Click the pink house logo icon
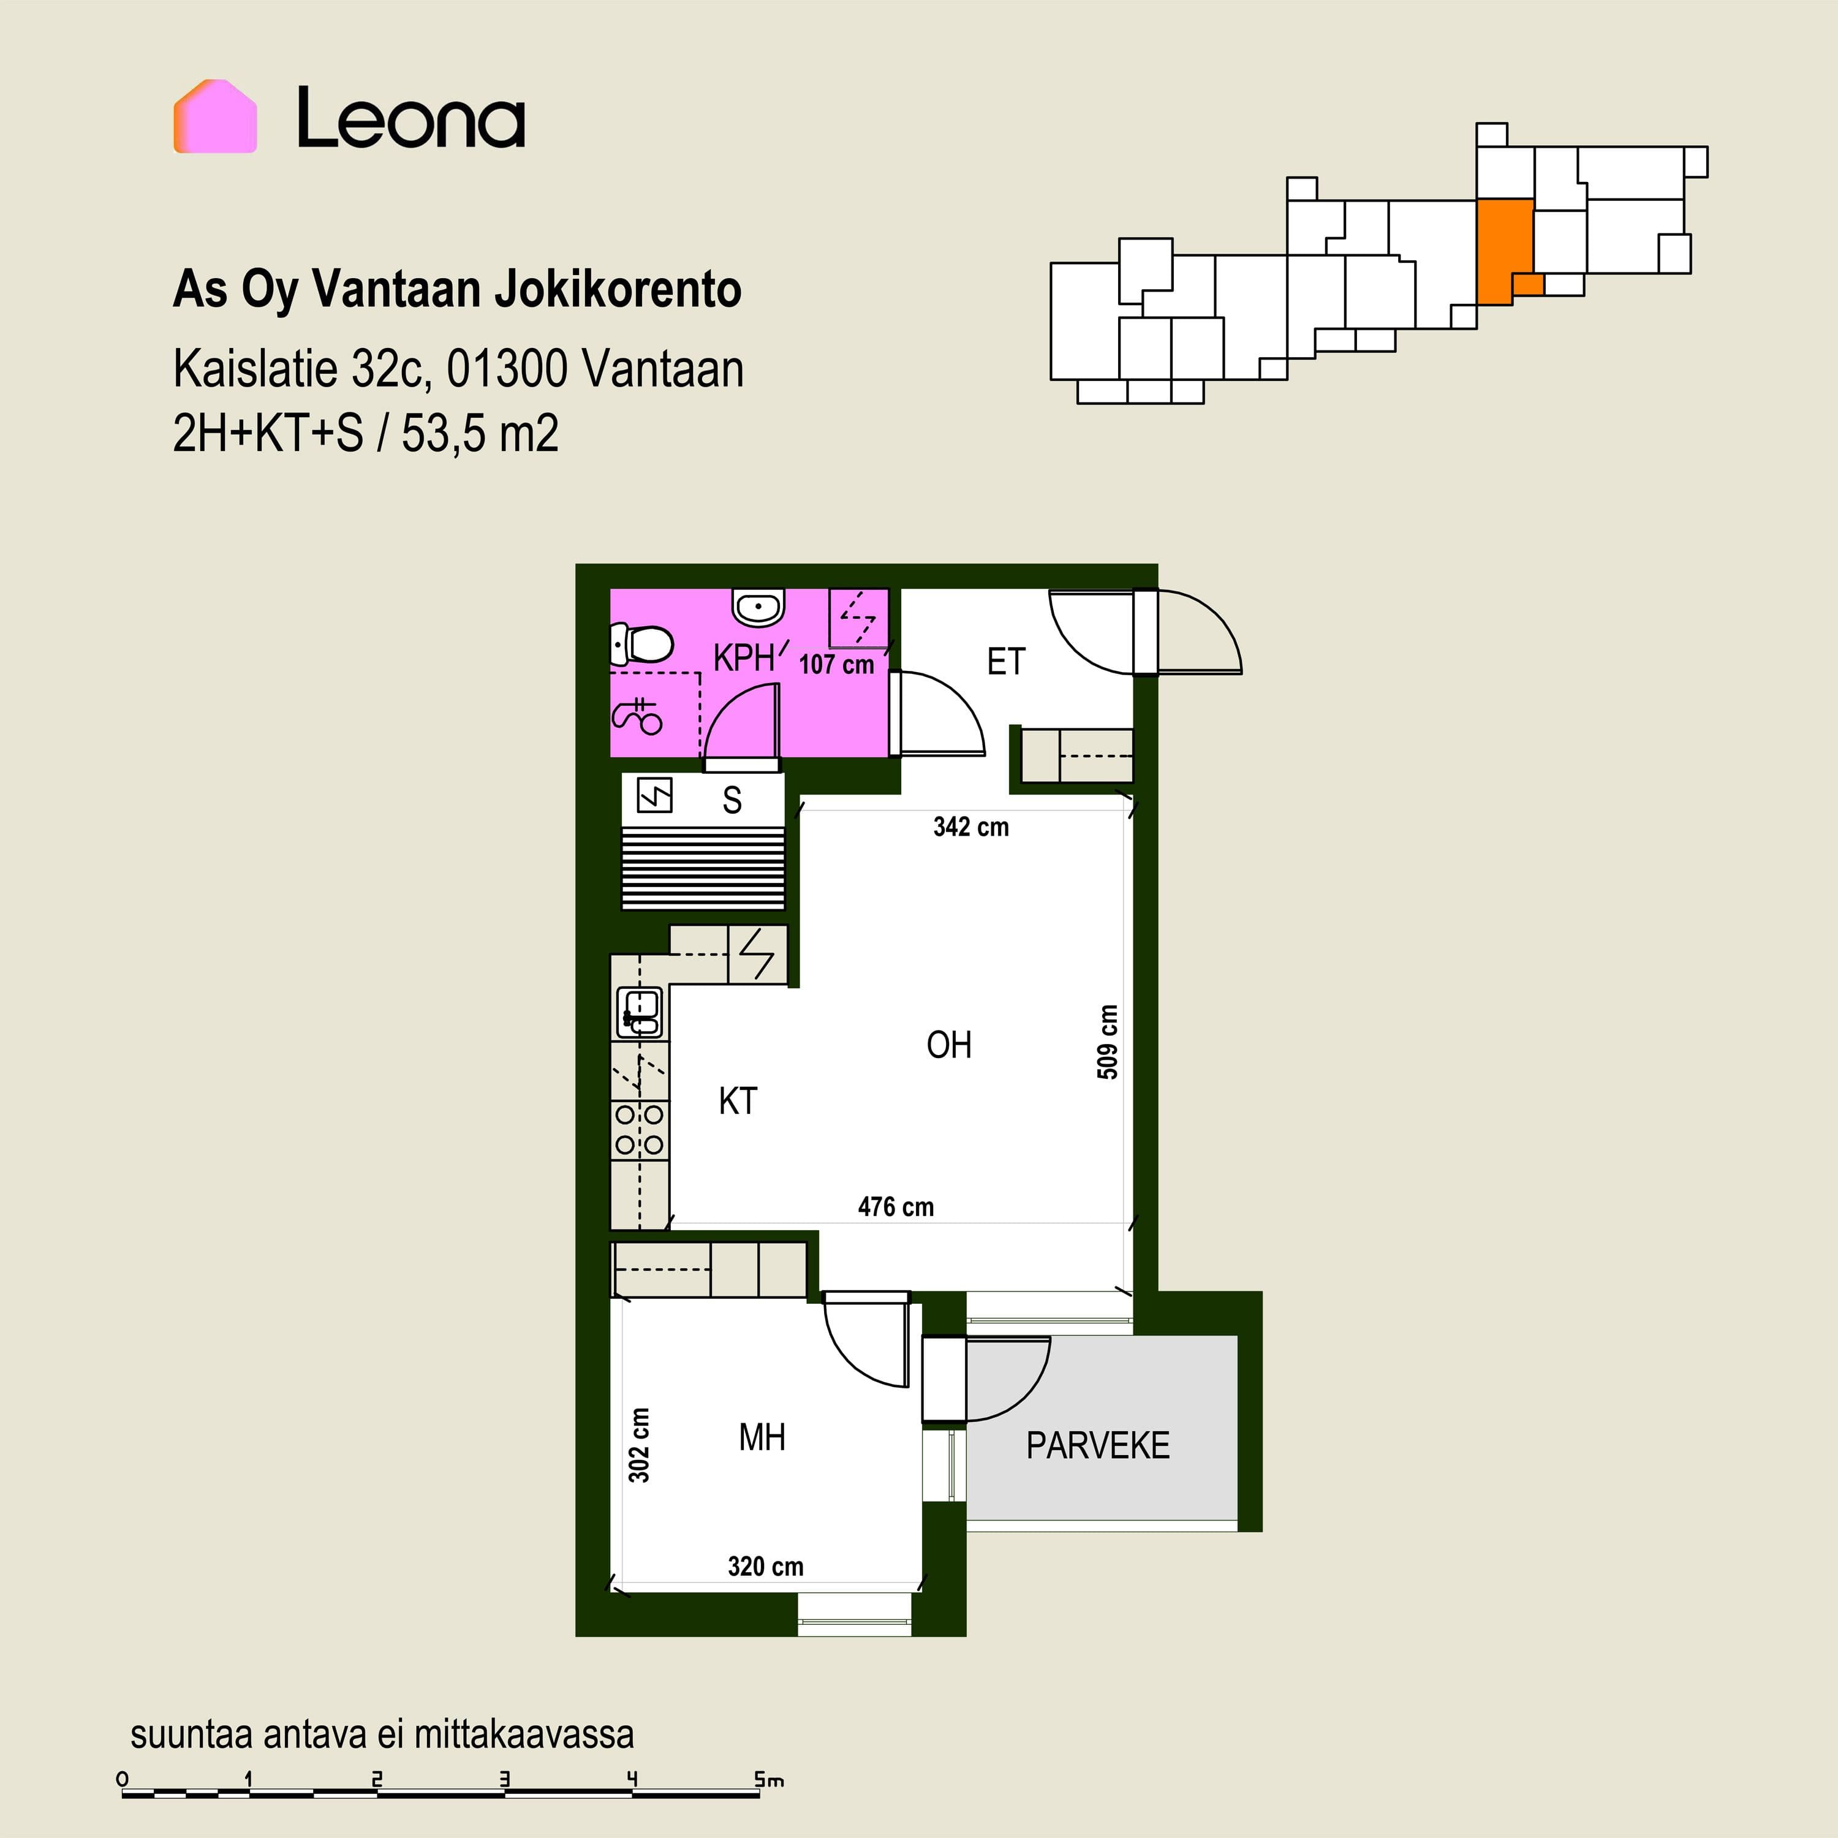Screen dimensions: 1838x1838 pos(215,116)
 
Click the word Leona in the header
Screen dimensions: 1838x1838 pos(411,118)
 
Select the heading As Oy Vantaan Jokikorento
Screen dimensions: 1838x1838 pos(456,289)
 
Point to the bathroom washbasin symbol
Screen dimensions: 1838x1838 pos(758,606)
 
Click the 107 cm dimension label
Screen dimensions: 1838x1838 pos(836,664)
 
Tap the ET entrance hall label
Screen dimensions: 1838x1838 pos(1005,661)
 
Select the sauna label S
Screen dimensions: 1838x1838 pos(732,800)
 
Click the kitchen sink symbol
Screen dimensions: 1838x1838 pos(640,1012)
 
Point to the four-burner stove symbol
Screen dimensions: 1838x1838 pos(639,1129)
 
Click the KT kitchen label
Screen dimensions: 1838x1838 pos(737,1101)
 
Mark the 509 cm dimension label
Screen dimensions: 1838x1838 pos(1107,1042)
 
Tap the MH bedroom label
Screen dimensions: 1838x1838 pos(762,1437)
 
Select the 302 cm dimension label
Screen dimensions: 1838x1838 pos(639,1445)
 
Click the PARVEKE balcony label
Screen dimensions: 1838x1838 pos(1098,1445)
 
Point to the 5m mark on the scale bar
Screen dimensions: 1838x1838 pos(769,1779)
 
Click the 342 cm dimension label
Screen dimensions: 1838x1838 pos(970,826)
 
